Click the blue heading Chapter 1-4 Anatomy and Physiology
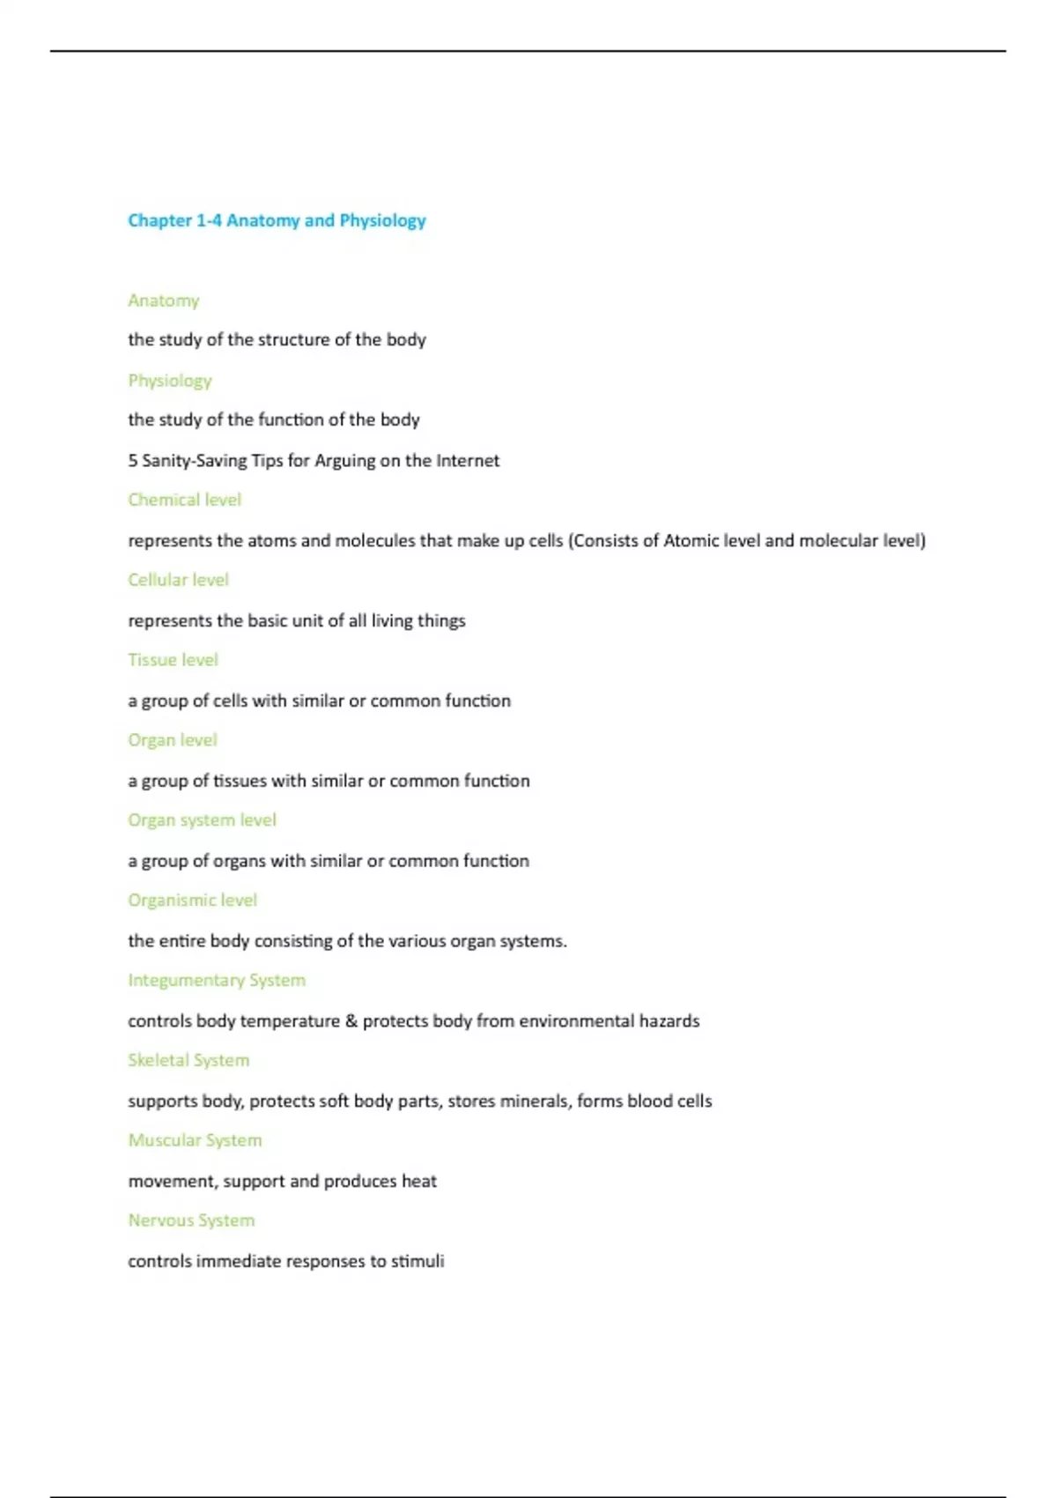click(277, 220)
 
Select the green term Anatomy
click(164, 300)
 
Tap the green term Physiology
click(170, 381)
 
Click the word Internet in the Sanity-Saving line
click(468, 460)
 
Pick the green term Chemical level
click(184, 500)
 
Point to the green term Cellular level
click(178, 580)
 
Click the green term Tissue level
click(173, 660)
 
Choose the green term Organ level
click(173, 740)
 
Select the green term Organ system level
click(202, 820)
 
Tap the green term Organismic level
click(192, 901)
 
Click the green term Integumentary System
click(217, 981)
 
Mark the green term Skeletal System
click(188, 1060)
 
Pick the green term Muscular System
click(195, 1140)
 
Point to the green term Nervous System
click(191, 1220)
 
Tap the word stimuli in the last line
click(418, 1261)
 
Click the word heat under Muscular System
click(419, 1181)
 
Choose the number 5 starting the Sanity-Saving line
click(132, 460)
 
